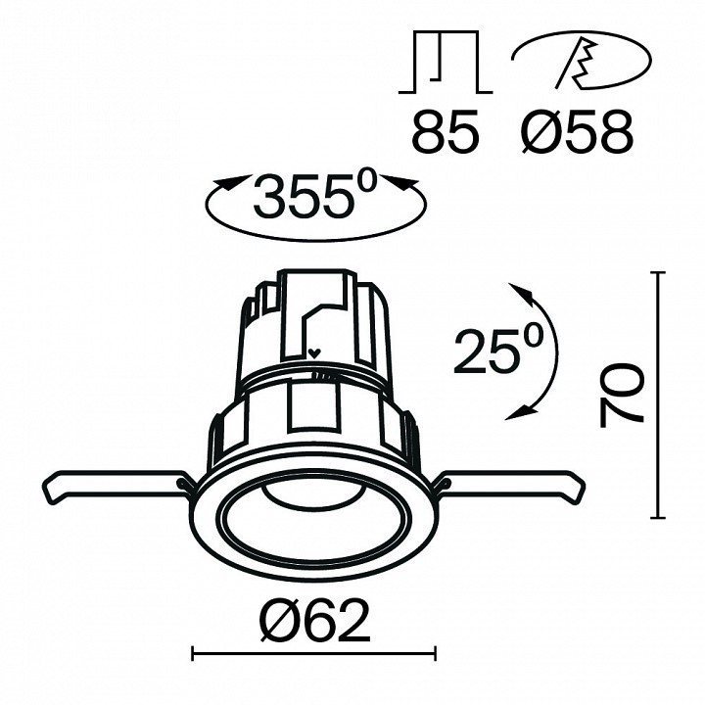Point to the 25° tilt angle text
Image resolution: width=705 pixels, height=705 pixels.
[496, 352]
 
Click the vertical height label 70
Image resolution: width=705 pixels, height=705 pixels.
[623, 394]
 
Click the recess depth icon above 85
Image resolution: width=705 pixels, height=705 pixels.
[446, 63]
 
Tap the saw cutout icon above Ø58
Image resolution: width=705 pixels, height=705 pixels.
[581, 64]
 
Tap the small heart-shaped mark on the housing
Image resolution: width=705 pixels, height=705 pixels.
[313, 353]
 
